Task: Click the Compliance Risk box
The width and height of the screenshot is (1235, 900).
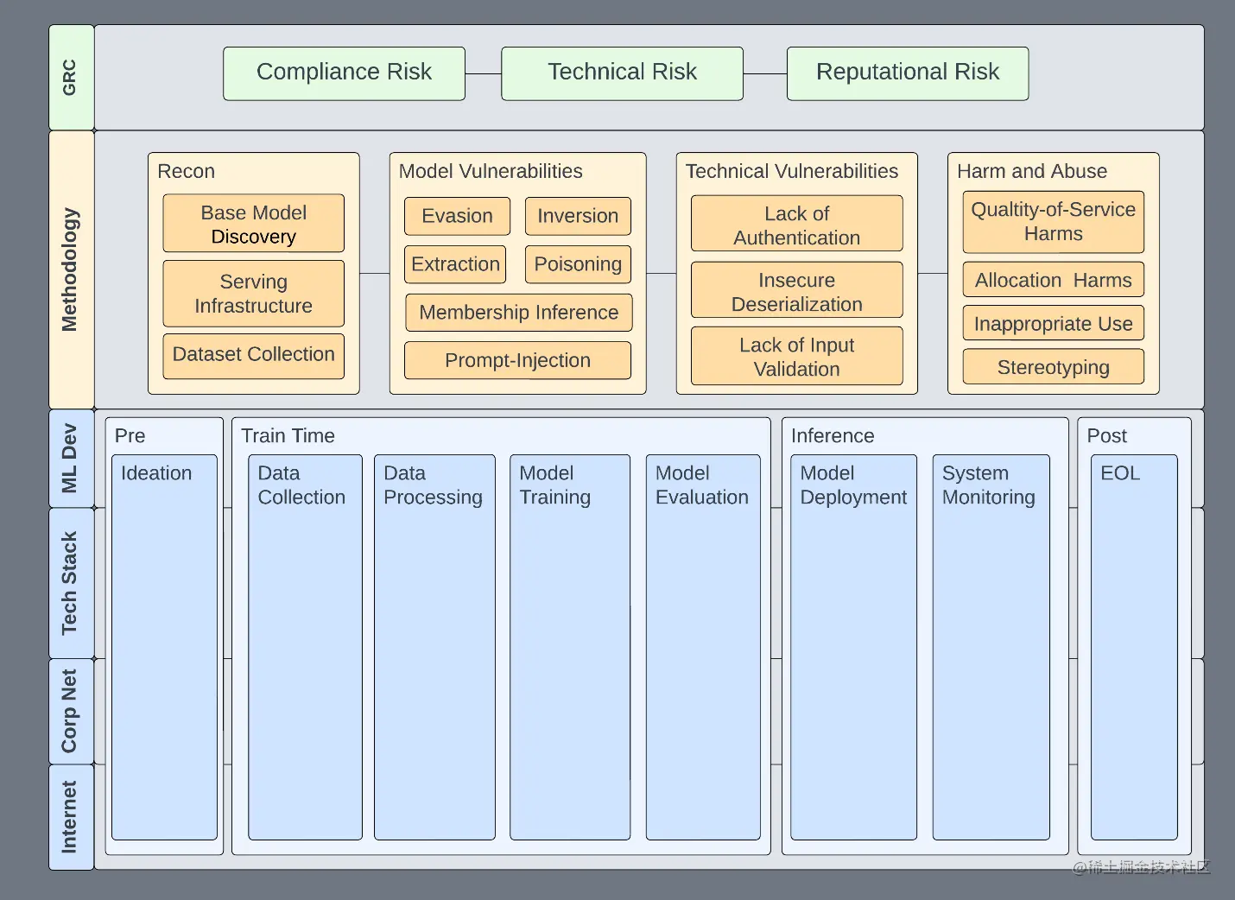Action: (344, 73)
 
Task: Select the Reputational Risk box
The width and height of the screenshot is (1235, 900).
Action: (907, 73)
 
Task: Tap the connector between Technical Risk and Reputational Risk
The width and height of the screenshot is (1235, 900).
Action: (764, 73)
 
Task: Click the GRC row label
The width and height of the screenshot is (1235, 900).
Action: (70, 77)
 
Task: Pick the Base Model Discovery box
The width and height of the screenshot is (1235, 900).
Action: (253, 224)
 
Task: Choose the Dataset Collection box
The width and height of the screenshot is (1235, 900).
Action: (253, 355)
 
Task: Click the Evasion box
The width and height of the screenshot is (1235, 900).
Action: (457, 216)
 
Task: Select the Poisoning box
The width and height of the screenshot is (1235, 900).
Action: (578, 264)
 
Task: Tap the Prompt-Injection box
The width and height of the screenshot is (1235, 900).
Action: (517, 360)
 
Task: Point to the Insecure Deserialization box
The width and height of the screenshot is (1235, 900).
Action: (796, 292)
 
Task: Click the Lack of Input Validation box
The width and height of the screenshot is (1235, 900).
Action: (796, 357)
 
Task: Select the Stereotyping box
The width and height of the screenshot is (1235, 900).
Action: (1053, 367)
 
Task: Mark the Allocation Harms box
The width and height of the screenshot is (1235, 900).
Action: (1053, 280)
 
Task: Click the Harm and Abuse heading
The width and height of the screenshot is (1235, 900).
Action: (1032, 171)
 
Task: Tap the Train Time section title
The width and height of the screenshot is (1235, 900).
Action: (288, 435)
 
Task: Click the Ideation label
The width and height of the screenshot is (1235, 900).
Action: (156, 473)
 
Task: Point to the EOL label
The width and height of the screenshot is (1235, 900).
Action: (1120, 473)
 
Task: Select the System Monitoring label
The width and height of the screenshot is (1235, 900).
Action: (988, 485)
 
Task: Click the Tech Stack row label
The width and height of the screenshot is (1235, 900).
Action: (70, 583)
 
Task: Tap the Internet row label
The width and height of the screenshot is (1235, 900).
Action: (70, 816)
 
